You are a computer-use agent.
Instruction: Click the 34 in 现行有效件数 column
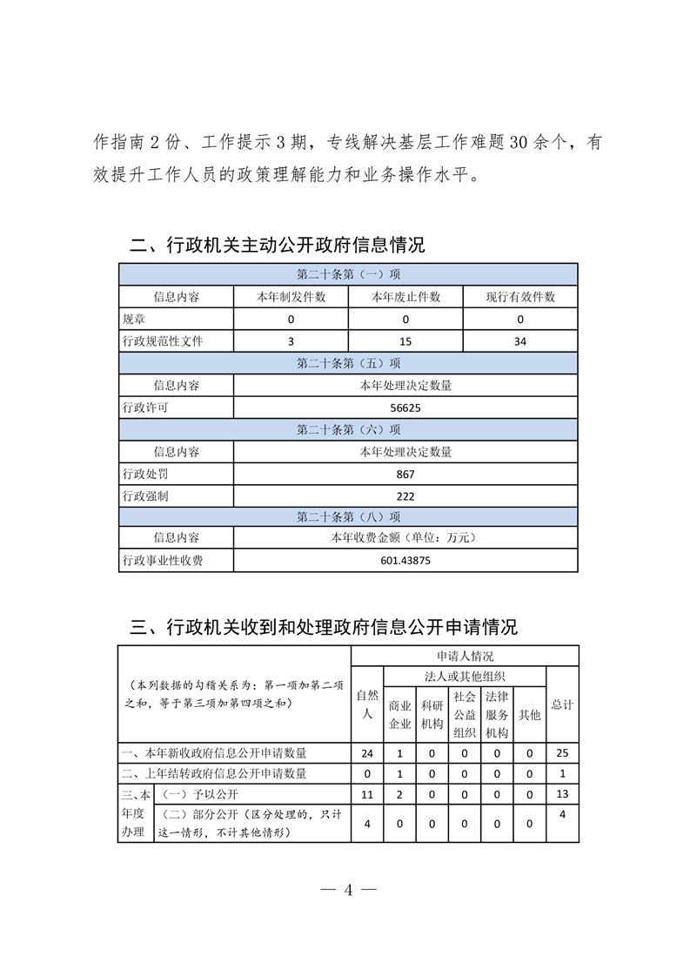519,341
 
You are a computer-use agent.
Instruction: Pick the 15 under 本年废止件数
405,341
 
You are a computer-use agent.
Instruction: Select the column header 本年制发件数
291,297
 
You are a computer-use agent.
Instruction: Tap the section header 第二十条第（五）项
348,363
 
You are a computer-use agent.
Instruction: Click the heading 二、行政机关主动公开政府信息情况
278,246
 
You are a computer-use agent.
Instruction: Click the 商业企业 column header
399,714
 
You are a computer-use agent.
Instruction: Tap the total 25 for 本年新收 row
562,752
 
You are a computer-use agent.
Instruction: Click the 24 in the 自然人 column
366,752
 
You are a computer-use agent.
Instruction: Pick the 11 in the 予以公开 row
366,794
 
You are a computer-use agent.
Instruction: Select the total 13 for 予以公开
562,794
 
